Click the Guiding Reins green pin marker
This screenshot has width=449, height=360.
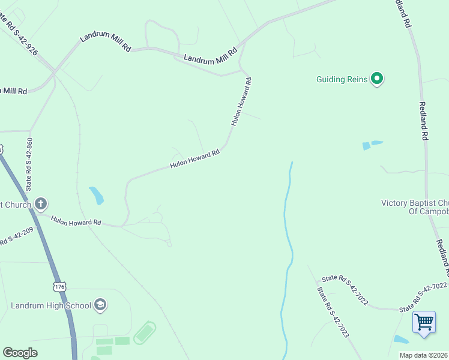coord(377,79)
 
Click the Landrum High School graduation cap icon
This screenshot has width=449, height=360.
coord(100,305)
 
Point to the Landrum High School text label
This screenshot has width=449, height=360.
coord(51,305)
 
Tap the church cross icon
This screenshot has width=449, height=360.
coord(41,203)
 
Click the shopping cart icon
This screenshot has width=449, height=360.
coord(424,322)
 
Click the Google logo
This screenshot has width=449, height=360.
coord(20,353)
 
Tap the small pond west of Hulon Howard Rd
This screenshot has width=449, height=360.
coord(96,195)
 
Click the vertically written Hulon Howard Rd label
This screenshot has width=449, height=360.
coord(241,101)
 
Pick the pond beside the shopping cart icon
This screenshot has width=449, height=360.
coord(400,340)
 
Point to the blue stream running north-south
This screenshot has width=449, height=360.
coord(288,252)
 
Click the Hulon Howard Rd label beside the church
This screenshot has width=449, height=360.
coord(76,221)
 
